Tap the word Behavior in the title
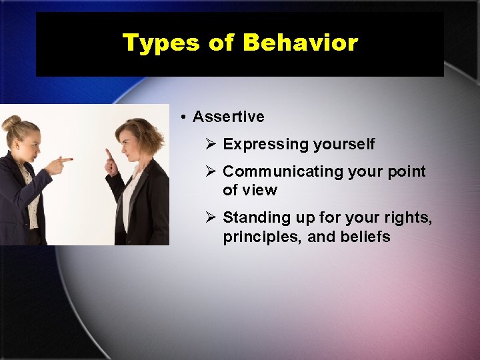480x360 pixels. coord(301,43)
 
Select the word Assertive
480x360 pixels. coord(229,117)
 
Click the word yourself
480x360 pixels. coord(344,145)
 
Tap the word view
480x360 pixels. coord(259,190)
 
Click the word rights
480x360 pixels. coord(409,217)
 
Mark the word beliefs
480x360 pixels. coord(365,237)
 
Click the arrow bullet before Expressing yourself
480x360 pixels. coord(210,144)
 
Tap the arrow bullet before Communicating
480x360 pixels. coord(210,171)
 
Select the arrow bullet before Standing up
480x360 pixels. coord(210,217)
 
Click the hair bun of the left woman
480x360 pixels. coord(11,123)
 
